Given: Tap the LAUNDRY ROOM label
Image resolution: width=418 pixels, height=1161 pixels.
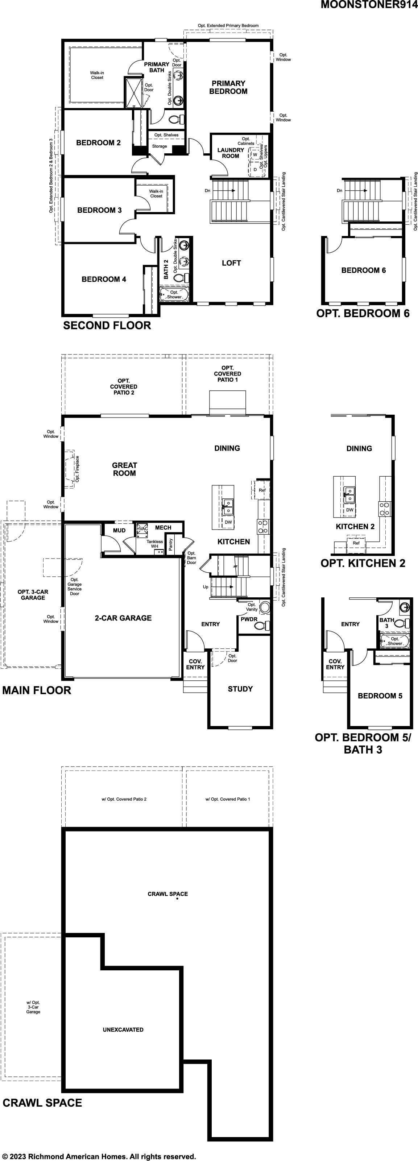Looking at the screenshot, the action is tap(231, 153).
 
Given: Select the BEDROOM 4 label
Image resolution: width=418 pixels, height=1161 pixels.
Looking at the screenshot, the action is tap(104, 279).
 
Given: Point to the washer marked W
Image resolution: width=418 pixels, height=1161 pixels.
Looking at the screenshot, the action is tap(255, 154).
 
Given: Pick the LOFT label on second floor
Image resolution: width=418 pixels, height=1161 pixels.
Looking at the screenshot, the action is tap(231, 263).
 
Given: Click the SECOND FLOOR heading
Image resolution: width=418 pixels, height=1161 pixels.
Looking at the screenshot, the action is tap(107, 326).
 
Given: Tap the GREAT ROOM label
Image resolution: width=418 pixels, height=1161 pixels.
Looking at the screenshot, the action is tap(124, 469).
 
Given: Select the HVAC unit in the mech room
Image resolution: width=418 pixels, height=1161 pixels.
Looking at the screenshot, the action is tap(142, 530).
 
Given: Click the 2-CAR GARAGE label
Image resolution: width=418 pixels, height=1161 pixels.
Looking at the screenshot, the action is tap(123, 618).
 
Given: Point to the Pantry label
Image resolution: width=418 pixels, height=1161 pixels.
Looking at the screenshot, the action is tap(170, 544).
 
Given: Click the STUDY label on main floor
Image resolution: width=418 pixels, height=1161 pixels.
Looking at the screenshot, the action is tap(240, 689).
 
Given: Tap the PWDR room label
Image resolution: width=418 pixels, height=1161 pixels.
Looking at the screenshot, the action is tap(249, 619).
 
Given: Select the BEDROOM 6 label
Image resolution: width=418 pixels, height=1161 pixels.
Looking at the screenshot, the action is tap(364, 270).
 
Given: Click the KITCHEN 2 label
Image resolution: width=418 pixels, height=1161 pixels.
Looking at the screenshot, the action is tap(355, 526).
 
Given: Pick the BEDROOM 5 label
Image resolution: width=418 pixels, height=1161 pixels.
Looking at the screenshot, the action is tap(380, 696).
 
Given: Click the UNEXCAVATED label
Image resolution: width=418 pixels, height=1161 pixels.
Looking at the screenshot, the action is tap(123, 1029).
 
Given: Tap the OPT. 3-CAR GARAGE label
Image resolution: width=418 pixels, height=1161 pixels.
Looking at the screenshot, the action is tap(33, 594).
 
